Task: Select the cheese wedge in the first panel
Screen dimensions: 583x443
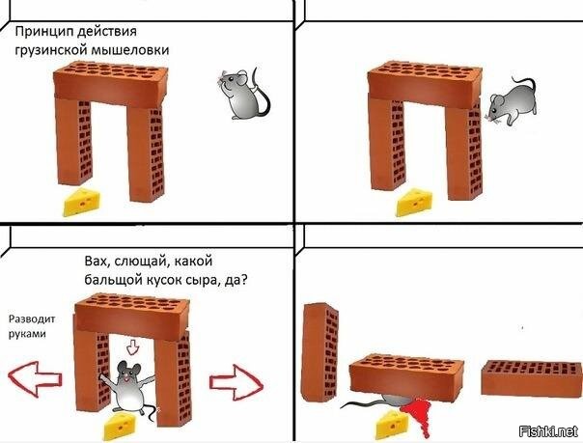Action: pos(82,202)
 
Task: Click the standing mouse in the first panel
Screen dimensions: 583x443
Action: pos(243,94)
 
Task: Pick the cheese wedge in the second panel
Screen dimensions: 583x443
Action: pos(414,203)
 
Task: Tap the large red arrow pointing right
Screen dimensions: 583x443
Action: pos(236,382)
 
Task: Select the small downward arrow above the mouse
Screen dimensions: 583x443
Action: pos(132,348)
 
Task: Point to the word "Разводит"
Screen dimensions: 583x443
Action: pos(32,318)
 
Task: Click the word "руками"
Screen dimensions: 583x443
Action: pos(27,334)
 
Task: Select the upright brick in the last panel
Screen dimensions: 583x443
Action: pos(320,352)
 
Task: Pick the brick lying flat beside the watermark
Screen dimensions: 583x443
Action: pos(531,377)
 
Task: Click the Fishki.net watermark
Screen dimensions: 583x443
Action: pos(549,431)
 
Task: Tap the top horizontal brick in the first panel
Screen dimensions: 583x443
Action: pos(110,84)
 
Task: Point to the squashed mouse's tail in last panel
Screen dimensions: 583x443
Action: pos(362,403)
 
